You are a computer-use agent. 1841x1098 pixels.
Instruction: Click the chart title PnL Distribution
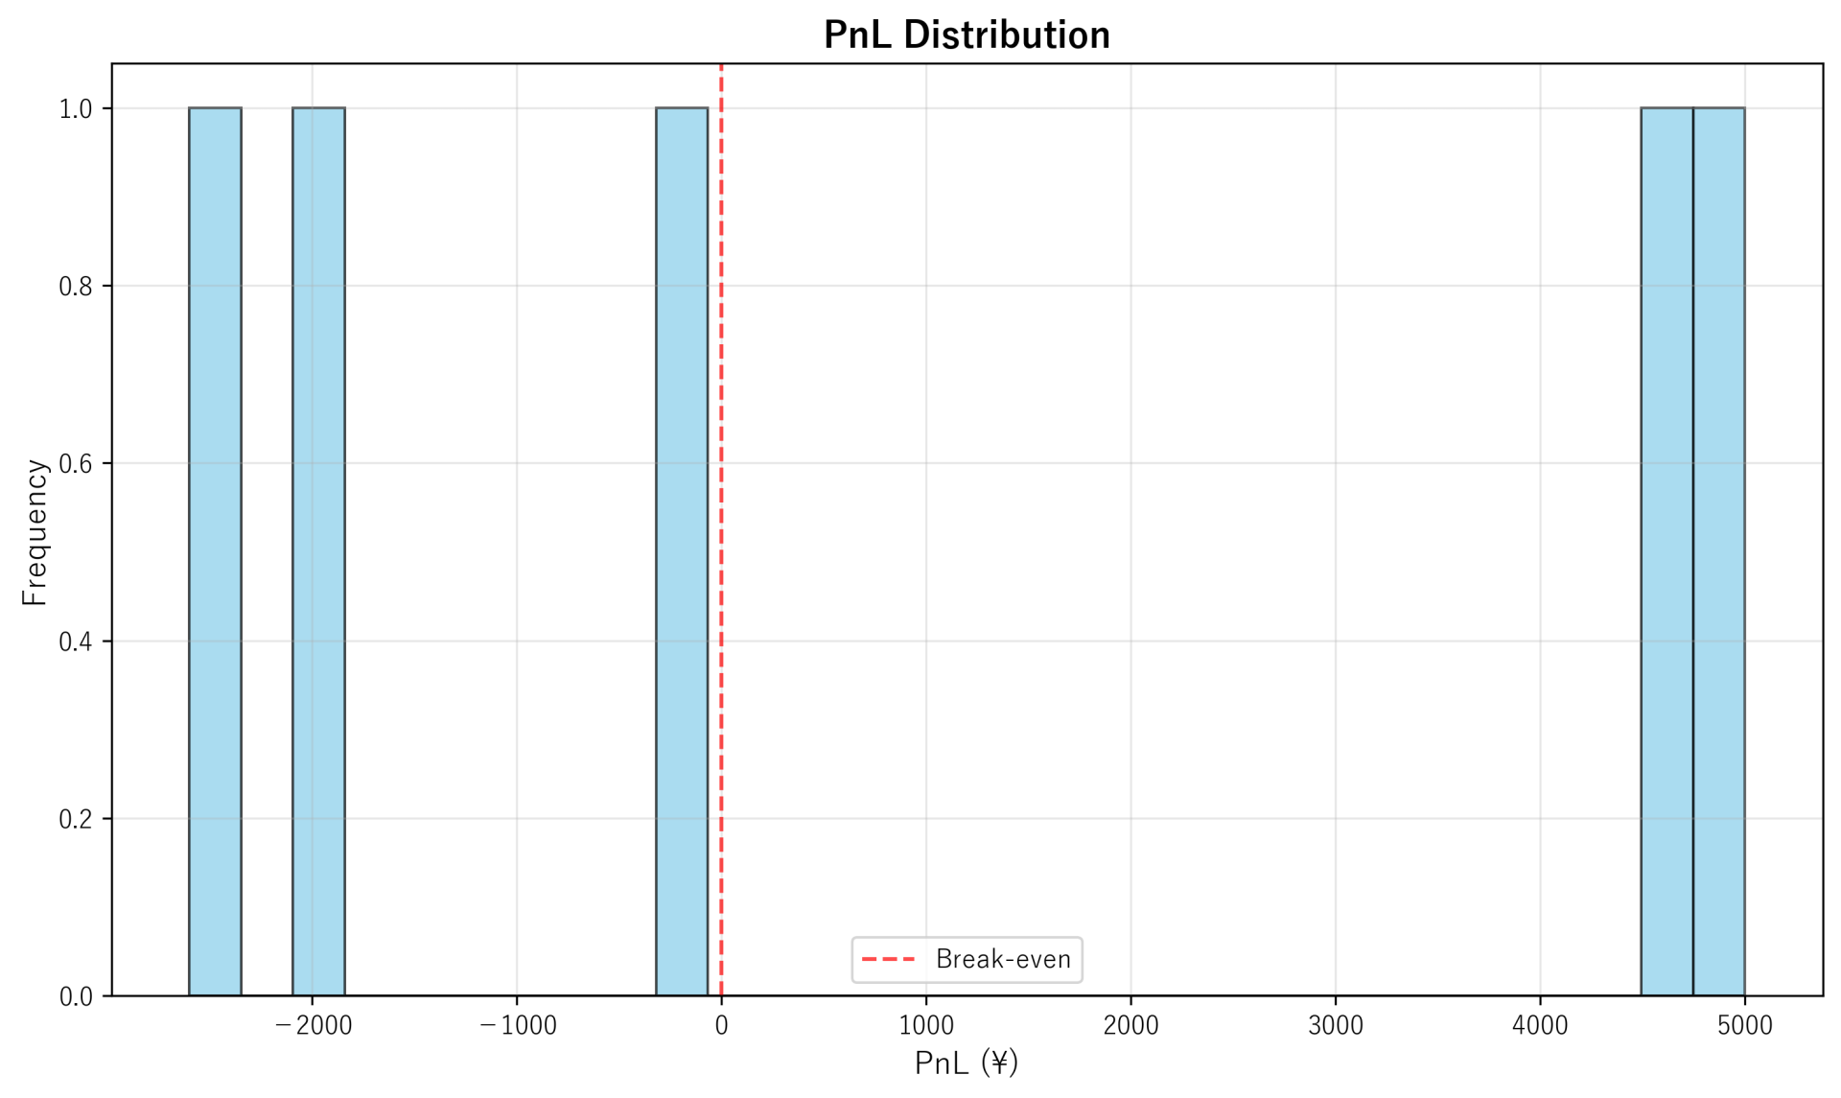click(x=967, y=35)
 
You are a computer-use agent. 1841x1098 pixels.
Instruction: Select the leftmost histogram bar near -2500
click(x=215, y=551)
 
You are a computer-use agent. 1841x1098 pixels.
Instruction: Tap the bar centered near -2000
click(x=318, y=551)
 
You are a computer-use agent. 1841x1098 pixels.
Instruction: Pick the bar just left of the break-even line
click(x=682, y=551)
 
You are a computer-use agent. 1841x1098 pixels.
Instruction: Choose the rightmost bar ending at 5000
click(x=1718, y=551)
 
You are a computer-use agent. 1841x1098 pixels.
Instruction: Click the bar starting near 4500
click(x=1666, y=551)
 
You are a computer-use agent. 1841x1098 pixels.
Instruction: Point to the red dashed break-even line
click(x=721, y=479)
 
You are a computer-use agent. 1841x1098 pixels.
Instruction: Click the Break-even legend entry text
click(x=1003, y=960)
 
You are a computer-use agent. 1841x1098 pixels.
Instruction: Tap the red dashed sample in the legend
click(x=889, y=960)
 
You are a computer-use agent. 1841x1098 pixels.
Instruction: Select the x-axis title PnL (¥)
click(x=967, y=1063)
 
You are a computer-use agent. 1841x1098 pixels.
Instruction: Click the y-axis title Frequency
click(x=35, y=532)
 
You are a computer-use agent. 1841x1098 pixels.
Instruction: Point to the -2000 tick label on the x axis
click(x=313, y=1026)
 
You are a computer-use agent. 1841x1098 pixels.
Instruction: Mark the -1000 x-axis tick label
click(x=517, y=1026)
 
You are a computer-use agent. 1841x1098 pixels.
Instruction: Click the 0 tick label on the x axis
click(x=721, y=1026)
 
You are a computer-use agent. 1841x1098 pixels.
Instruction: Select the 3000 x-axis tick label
click(x=1336, y=1026)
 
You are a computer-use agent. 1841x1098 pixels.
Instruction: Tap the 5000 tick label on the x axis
click(x=1744, y=1026)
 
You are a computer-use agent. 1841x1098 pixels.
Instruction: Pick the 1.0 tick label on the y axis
click(x=76, y=109)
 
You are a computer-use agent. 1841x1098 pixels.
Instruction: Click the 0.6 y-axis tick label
click(x=76, y=464)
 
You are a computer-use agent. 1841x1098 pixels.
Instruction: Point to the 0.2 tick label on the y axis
click(x=76, y=819)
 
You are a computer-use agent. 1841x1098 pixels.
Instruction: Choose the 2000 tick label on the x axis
click(x=1130, y=1026)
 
